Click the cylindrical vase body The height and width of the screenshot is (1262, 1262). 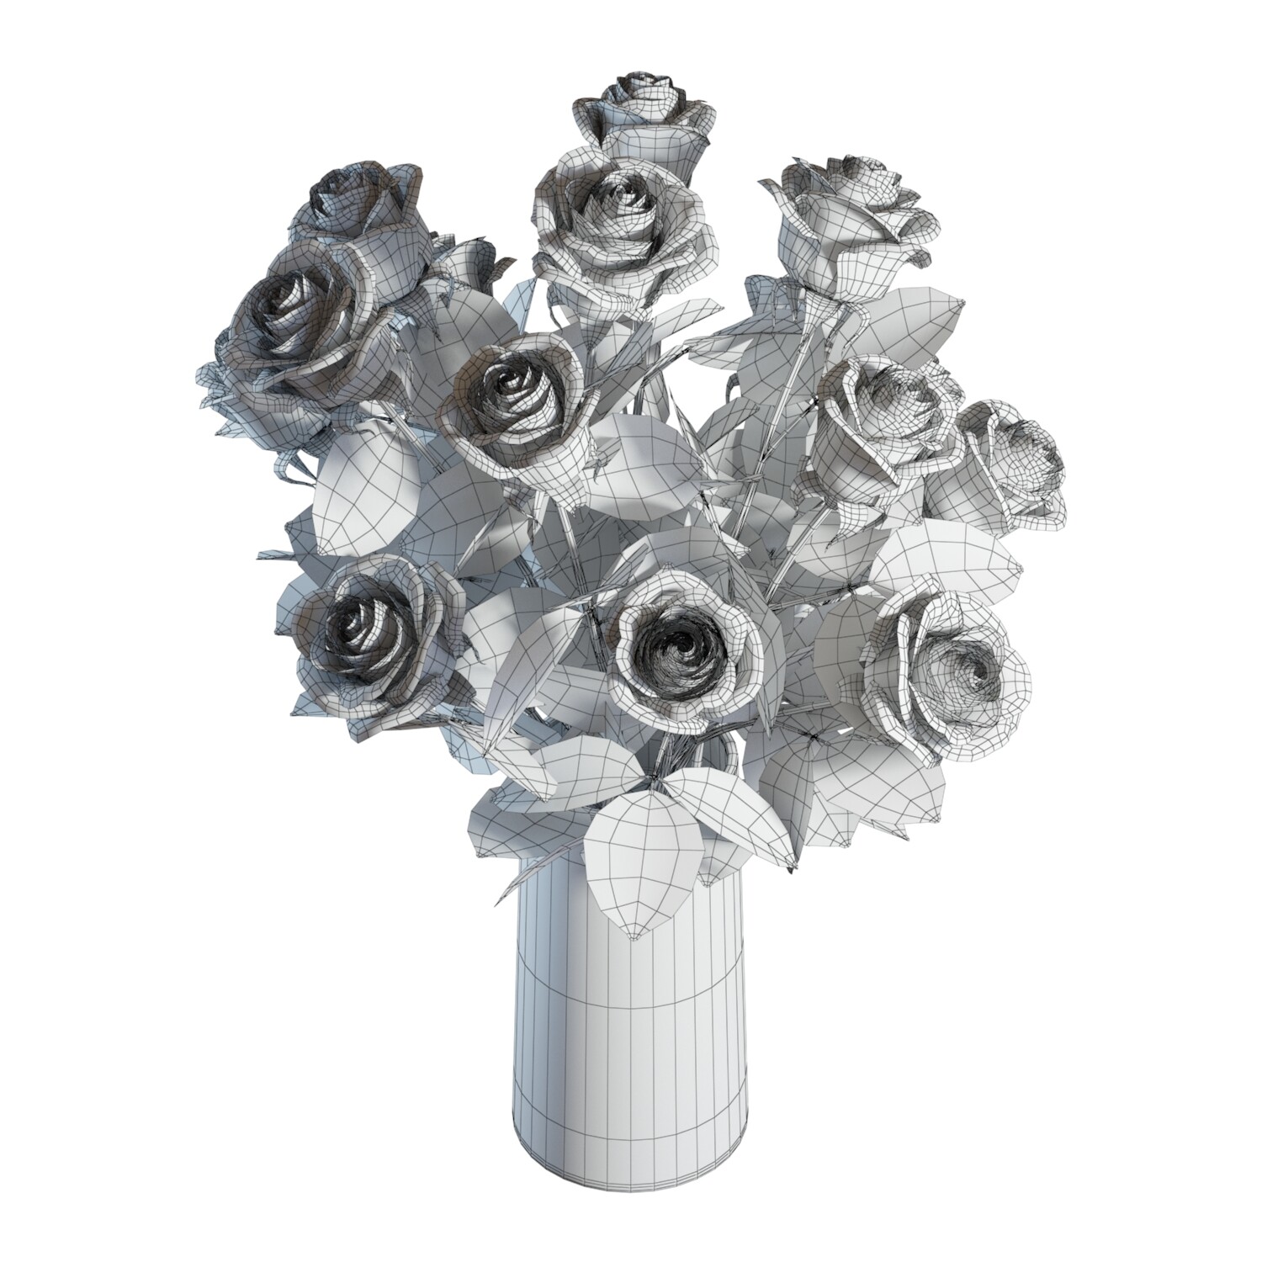click(x=631, y=1052)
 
